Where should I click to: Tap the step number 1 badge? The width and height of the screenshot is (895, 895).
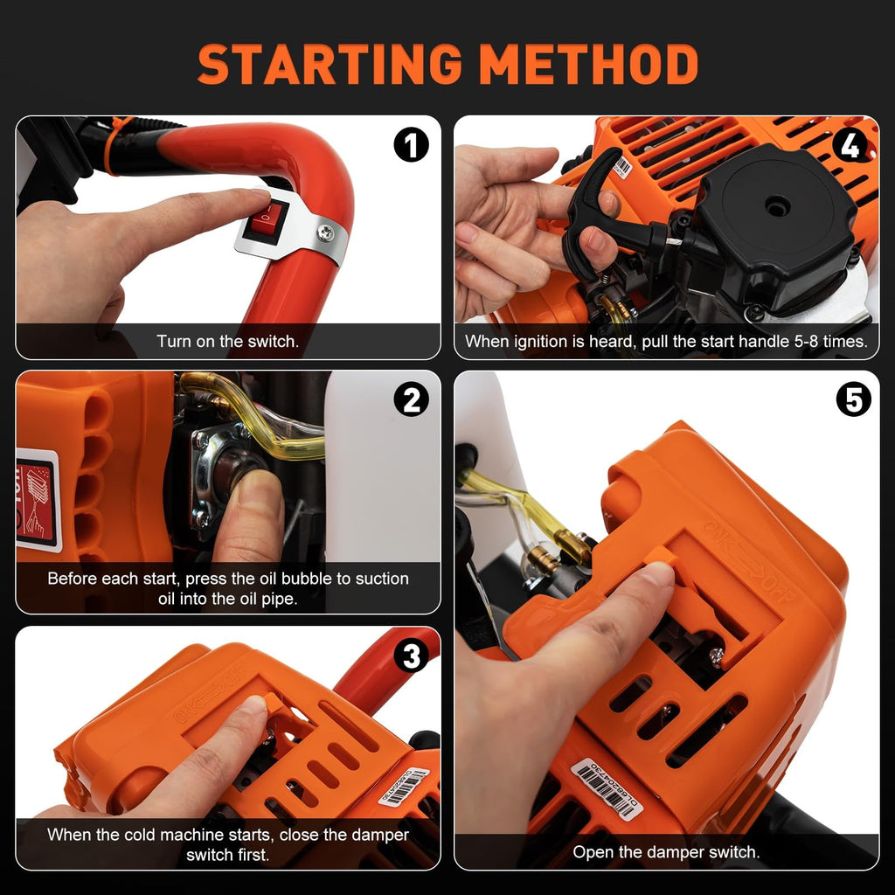(x=411, y=144)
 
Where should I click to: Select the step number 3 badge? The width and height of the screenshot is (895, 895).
(x=411, y=655)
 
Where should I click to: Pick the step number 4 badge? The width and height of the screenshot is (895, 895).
(x=850, y=144)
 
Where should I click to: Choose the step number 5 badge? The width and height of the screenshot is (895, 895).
(x=853, y=399)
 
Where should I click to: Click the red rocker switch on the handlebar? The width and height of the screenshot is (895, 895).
(x=266, y=221)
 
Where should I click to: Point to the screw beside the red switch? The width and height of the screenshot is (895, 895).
(x=325, y=232)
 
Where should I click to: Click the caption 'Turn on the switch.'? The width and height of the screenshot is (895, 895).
(x=227, y=342)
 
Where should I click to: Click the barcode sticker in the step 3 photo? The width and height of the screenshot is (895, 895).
(x=403, y=786)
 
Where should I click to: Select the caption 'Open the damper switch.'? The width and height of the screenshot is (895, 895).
(x=666, y=851)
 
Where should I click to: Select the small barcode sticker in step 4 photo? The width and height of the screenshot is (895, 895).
(x=622, y=166)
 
